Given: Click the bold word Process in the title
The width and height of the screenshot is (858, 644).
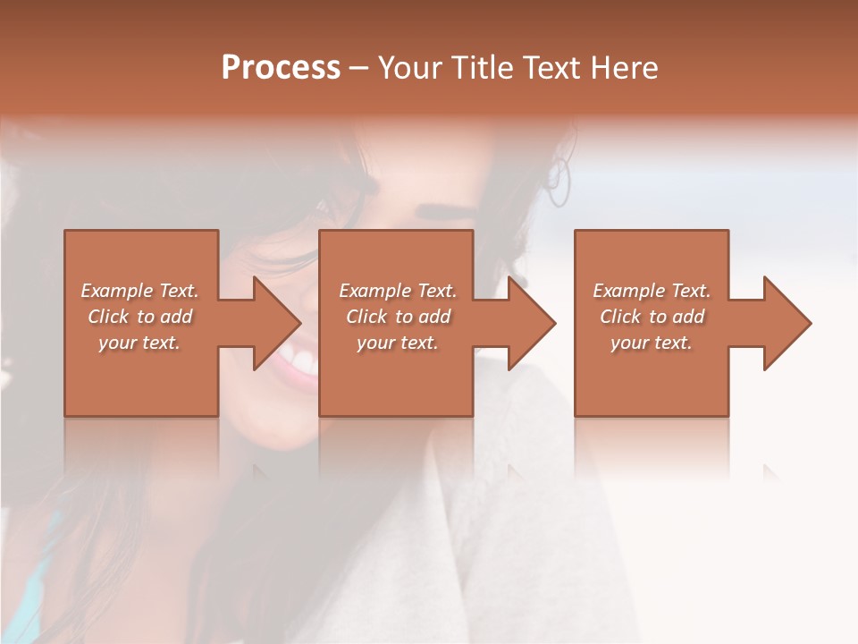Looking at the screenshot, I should click(x=281, y=68).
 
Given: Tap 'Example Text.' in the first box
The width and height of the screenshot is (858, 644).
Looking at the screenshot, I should click(x=140, y=291).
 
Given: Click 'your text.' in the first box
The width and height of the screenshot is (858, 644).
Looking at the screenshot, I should click(x=140, y=343).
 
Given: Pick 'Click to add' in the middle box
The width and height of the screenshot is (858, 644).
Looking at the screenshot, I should click(x=398, y=317).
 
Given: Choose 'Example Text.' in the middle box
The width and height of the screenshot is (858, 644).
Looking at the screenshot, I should click(x=398, y=291).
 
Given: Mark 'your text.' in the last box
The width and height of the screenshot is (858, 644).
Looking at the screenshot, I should click(x=652, y=343).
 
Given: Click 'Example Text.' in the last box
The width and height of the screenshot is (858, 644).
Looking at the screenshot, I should click(x=652, y=291).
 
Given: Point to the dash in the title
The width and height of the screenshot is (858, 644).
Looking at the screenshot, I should click(x=358, y=68).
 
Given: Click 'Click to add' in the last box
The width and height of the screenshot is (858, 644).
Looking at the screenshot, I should click(x=652, y=317).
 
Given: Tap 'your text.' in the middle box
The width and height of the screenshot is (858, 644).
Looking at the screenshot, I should click(x=398, y=343).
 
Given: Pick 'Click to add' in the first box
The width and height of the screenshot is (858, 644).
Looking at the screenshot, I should click(x=140, y=317).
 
